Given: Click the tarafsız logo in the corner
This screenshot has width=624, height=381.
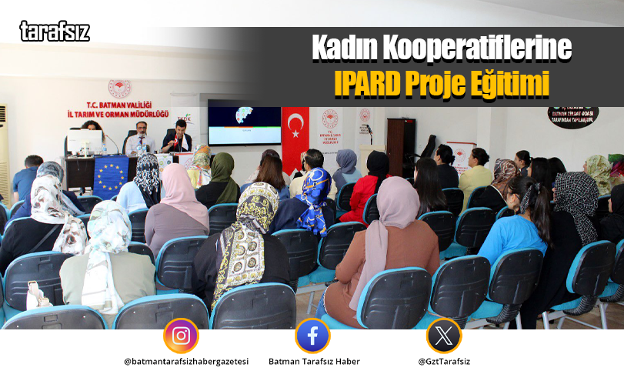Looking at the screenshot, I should (54, 32).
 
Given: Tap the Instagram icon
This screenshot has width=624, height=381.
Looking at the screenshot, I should (181, 336).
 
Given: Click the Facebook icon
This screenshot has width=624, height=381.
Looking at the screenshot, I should (312, 336).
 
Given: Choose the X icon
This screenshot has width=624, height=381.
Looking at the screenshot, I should (444, 336).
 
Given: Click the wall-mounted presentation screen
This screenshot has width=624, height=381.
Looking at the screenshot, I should (244, 123).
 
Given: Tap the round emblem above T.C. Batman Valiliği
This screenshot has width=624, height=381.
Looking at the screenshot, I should (119, 88).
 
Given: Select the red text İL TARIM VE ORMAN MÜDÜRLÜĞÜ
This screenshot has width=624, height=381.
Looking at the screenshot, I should (118, 114).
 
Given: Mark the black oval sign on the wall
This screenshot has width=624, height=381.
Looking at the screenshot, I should (572, 115).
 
